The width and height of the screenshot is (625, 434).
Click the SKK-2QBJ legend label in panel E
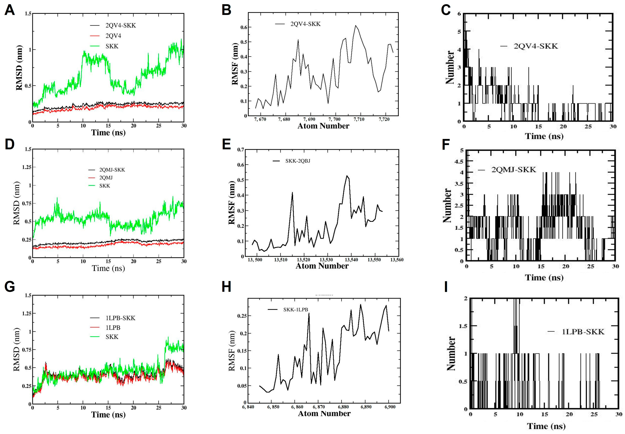[x=297, y=161]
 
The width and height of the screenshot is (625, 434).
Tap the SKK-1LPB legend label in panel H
[x=295, y=310]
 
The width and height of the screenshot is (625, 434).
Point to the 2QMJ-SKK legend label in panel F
[x=513, y=170]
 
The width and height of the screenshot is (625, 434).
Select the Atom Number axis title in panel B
[x=323, y=126]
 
